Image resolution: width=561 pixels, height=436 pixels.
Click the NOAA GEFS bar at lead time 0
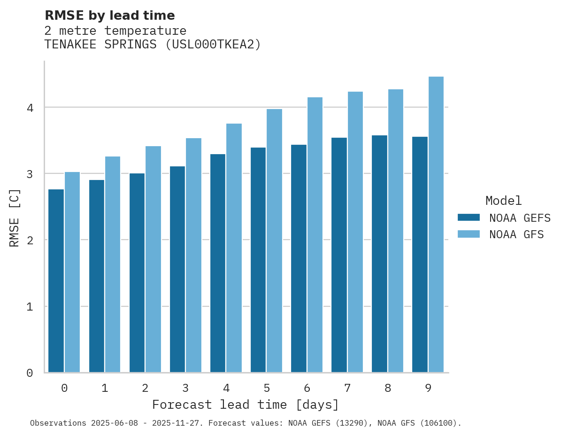coord(56,281)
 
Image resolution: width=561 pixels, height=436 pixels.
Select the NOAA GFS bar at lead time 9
coord(436,225)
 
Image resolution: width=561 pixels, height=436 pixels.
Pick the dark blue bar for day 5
coord(258,260)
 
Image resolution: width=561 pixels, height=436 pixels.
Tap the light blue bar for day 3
coord(193,255)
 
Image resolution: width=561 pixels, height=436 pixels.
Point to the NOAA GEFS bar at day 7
coord(339,255)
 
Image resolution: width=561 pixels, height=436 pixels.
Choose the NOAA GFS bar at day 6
coord(315,235)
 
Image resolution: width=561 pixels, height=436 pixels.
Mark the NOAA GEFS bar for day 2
coord(137,273)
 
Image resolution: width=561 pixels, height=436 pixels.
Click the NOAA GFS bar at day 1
coord(113,265)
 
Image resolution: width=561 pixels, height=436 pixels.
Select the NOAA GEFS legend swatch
coord(469,218)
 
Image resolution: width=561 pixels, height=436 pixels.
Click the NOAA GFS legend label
coord(516,234)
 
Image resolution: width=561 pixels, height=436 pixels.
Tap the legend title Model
coord(503,201)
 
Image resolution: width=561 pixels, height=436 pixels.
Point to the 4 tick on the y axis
coord(30,108)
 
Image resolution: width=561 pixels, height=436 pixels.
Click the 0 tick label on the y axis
coord(30,373)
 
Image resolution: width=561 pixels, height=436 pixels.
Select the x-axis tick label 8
coord(388,388)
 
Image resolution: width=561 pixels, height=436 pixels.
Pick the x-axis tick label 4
coord(226,388)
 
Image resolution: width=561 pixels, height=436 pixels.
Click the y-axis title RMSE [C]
coord(15,218)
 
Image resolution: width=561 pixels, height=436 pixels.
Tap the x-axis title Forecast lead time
coord(245,405)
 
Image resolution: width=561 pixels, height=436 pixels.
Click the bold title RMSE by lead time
coord(109,16)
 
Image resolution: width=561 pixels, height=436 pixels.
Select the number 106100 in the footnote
coord(437,423)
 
